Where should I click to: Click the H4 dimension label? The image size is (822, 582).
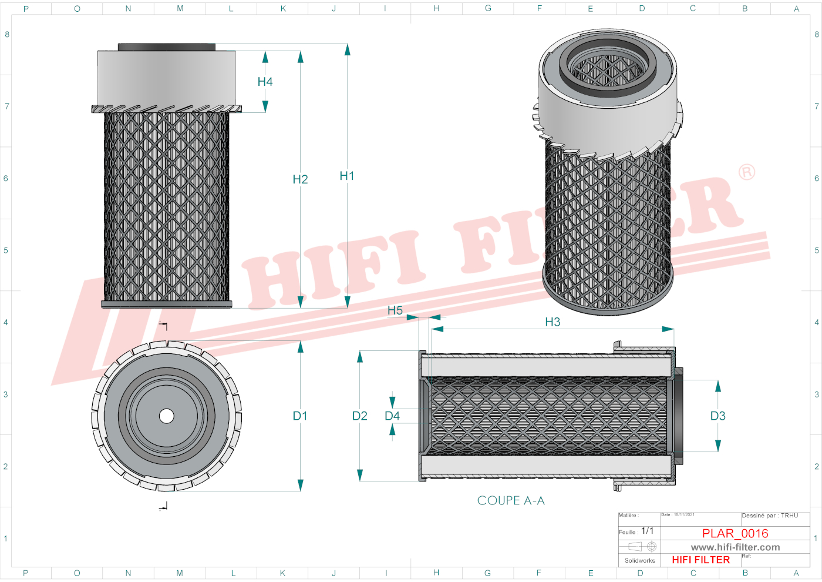tap(265, 82)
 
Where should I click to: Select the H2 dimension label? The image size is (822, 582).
tap(300, 179)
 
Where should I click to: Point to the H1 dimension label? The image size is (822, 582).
tap(347, 176)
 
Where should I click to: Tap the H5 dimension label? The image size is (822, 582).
tap(395, 310)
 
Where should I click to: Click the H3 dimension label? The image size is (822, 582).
tap(553, 322)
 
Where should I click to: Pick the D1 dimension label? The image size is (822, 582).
tap(300, 416)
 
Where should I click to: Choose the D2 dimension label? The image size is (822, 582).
tap(360, 416)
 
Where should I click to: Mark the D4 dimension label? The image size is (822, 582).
tap(392, 416)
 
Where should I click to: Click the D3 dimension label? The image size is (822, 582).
tap(718, 416)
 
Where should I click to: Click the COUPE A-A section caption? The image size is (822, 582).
tap(511, 500)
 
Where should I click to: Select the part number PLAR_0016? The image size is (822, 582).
tap(735, 533)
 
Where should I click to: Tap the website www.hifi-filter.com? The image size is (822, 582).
tap(735, 547)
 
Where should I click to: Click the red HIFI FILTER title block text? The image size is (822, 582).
tap(701, 560)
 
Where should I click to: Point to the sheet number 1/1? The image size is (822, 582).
tap(648, 531)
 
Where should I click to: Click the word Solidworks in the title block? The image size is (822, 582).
tap(639, 561)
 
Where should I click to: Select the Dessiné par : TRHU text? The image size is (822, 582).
tap(770, 516)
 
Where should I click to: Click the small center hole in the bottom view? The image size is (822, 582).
tap(167, 416)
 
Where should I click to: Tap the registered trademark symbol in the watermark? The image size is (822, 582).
tap(747, 172)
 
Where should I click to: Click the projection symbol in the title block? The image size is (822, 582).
tap(642, 546)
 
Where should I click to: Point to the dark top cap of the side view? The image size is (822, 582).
tap(167, 47)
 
